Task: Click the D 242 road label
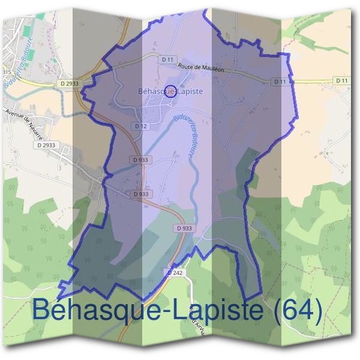[x=175, y=272]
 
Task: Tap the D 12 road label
[x=141, y=126]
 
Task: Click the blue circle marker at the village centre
[x=170, y=91]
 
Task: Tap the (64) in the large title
[x=295, y=310]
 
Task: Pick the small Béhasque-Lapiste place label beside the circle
[x=170, y=91]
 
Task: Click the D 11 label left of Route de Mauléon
[x=167, y=59]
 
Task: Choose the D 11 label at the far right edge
[x=341, y=80]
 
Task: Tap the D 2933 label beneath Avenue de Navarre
[x=46, y=145]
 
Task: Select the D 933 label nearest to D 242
[x=185, y=229]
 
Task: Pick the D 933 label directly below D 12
[x=142, y=160]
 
